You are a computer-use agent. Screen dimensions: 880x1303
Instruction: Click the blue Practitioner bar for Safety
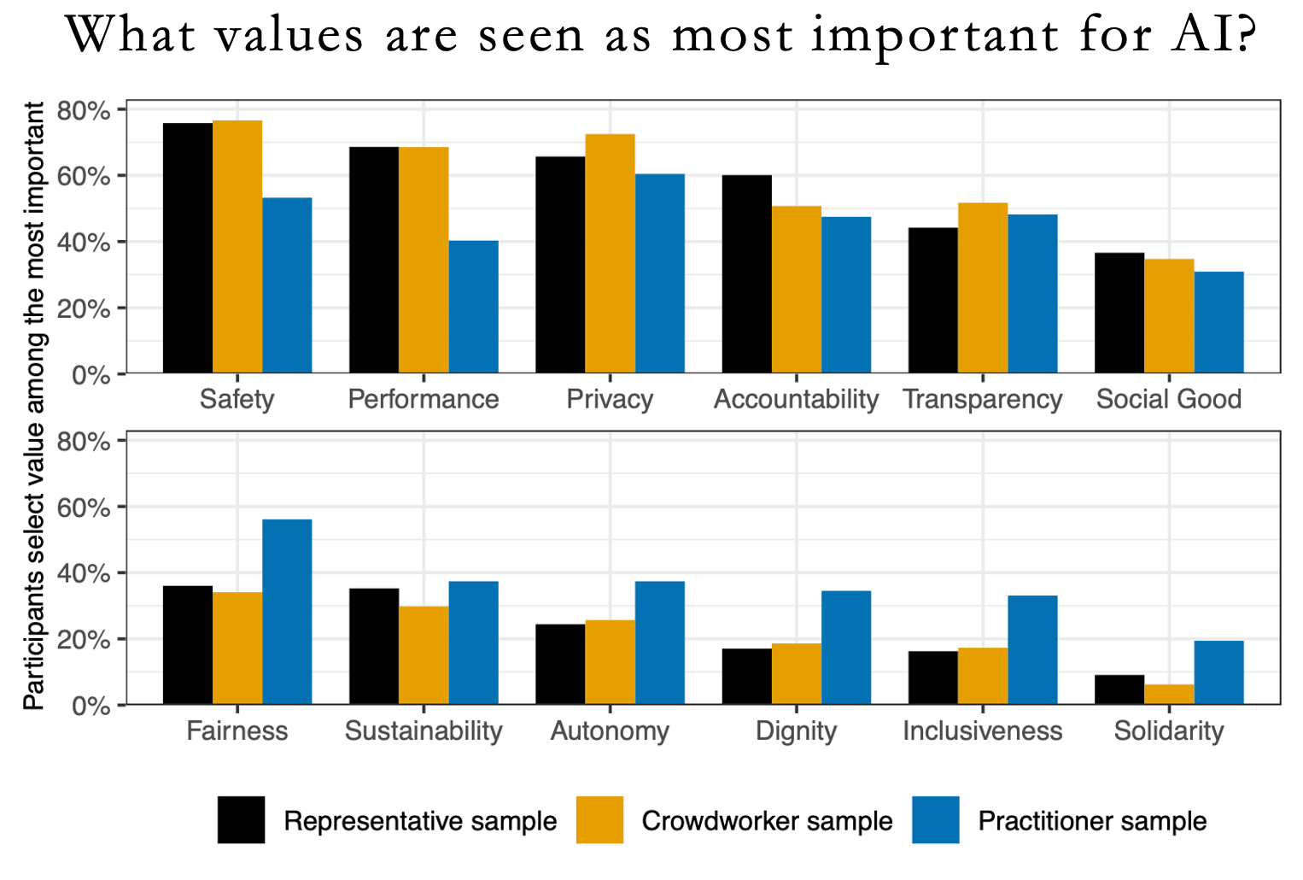(287, 285)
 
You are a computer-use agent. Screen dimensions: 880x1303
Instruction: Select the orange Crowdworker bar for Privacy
(610, 254)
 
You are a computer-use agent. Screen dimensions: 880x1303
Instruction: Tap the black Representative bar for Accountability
(746, 274)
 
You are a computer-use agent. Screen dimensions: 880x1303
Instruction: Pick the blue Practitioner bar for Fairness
(287, 612)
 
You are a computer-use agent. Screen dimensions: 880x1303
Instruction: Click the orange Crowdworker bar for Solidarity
(1169, 695)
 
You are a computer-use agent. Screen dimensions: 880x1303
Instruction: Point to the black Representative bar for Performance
(374, 260)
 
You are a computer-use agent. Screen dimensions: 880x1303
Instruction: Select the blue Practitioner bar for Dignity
(846, 648)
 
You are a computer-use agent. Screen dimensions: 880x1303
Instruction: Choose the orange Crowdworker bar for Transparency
(983, 288)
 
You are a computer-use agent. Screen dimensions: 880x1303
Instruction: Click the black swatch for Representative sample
(241, 820)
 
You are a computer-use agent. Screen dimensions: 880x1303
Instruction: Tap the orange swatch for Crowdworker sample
(599, 820)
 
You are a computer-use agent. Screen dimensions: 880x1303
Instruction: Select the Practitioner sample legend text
(1092, 822)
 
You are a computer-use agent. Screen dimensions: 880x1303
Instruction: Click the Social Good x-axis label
(1168, 400)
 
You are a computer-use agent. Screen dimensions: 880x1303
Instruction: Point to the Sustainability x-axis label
(424, 731)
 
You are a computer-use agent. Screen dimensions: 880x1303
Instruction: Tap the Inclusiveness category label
(982, 731)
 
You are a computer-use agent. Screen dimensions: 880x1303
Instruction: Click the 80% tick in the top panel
(84, 111)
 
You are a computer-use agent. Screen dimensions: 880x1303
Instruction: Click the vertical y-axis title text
(34, 406)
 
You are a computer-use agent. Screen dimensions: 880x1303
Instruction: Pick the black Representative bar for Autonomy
(560, 665)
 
